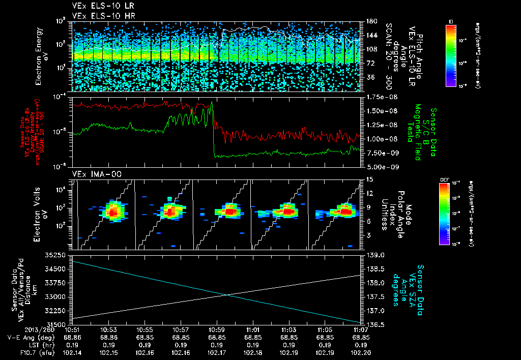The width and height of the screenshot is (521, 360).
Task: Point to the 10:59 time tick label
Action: pyautogui.click(x=217, y=329)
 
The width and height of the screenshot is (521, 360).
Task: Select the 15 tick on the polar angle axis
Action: pyautogui.click(x=369, y=179)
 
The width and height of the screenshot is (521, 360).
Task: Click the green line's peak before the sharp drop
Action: pyautogui.click(x=212, y=102)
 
